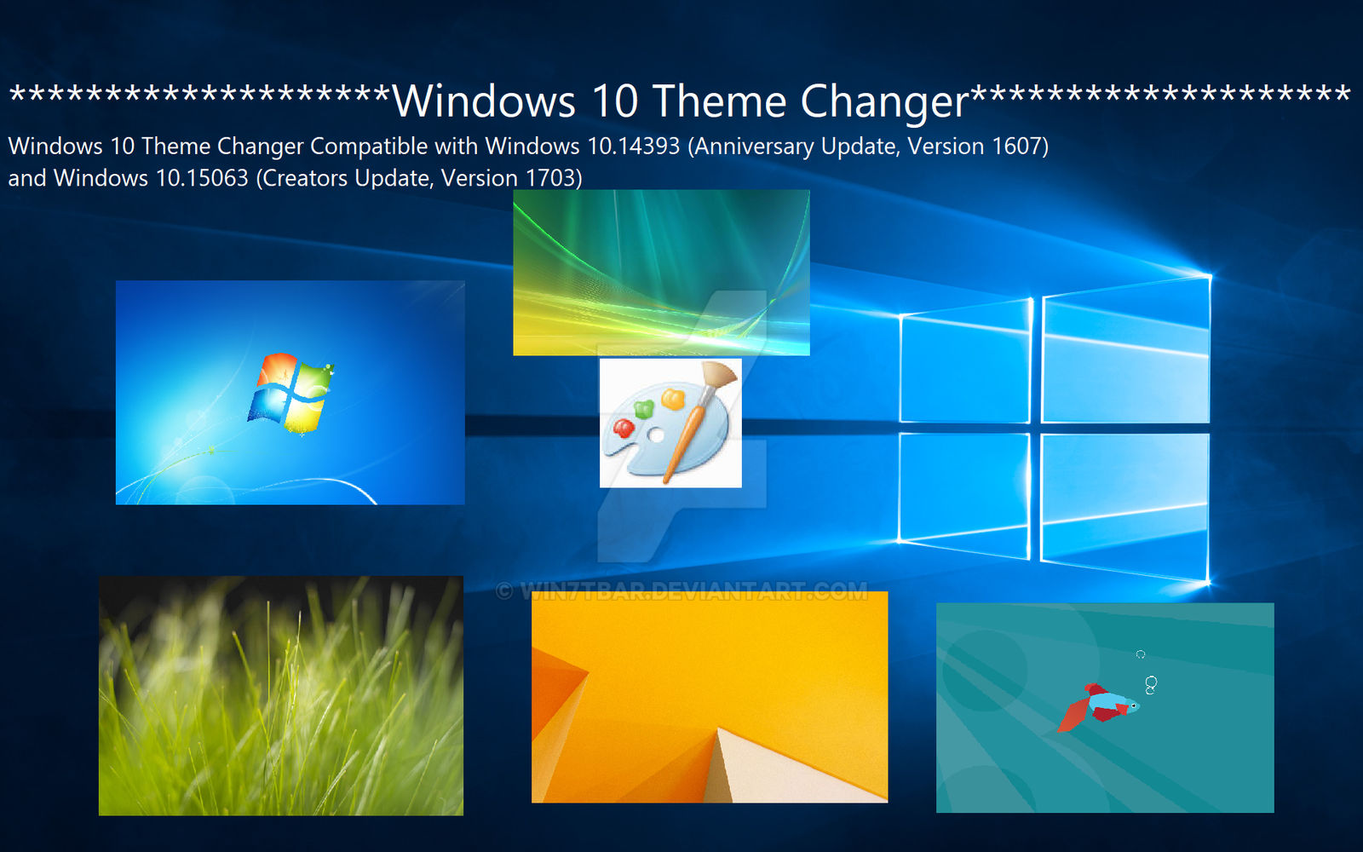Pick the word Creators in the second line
point(306,178)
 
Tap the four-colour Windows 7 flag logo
point(290,392)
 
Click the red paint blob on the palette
point(624,427)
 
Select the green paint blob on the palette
point(644,409)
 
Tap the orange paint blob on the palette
point(673,398)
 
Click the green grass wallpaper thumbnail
point(281,695)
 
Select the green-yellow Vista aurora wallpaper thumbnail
point(661,273)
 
